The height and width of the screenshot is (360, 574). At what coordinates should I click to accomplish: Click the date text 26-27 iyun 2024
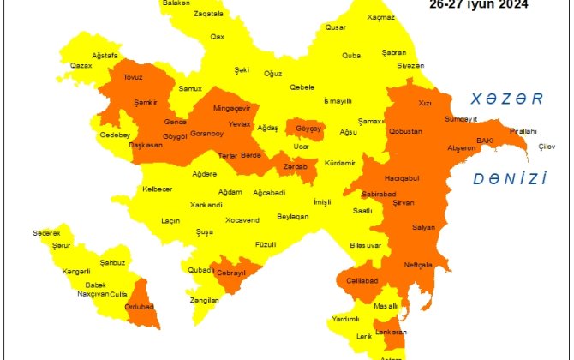tap(479, 3)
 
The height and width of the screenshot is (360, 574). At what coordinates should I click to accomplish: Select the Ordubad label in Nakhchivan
tap(138, 306)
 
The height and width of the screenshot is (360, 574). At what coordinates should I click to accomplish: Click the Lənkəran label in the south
tap(392, 332)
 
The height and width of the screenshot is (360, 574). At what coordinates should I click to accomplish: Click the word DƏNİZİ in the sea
tap(509, 179)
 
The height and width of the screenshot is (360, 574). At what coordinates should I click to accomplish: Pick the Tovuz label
tap(134, 76)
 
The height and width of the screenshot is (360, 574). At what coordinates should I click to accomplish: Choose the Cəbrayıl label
tap(229, 273)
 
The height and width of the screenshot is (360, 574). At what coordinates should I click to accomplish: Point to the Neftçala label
tap(418, 264)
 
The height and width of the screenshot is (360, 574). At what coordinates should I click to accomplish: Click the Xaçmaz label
tap(380, 17)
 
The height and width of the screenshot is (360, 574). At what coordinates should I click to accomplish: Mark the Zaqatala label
tap(208, 15)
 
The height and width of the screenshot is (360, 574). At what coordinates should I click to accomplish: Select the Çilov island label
tap(547, 147)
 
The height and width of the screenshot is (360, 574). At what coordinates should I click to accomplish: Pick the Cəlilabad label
tap(363, 280)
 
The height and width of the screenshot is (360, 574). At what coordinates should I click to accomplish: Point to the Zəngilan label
tap(205, 300)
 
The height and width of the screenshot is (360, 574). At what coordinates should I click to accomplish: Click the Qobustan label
tap(405, 132)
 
